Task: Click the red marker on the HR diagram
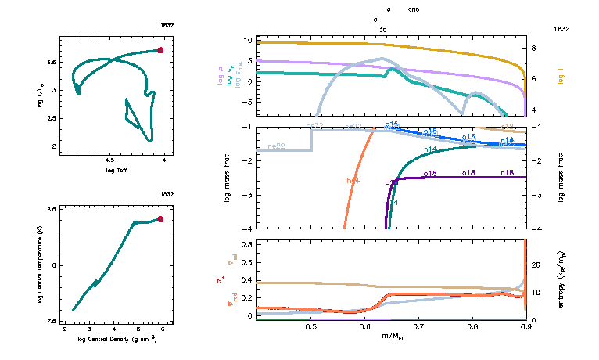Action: pos(160,50)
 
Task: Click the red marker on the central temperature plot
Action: pos(160,219)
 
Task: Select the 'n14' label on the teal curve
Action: pos(430,149)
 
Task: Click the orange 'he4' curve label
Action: pos(353,181)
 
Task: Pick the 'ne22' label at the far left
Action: pos(275,146)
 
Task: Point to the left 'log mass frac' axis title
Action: pos(228,178)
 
